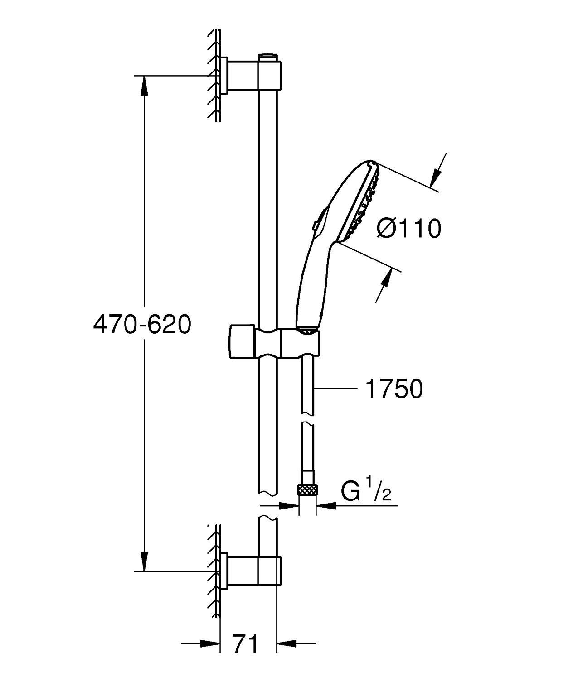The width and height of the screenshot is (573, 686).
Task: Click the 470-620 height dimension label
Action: click(142, 324)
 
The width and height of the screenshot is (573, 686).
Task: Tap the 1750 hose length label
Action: click(393, 389)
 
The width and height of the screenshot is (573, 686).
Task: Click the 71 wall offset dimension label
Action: click(245, 643)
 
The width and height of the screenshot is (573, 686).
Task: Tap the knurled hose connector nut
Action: click(308, 489)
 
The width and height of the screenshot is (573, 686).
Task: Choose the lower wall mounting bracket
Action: click(252, 570)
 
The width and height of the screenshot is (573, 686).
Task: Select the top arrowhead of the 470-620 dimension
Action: click(144, 85)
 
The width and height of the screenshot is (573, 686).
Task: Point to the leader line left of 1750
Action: click(335, 388)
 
